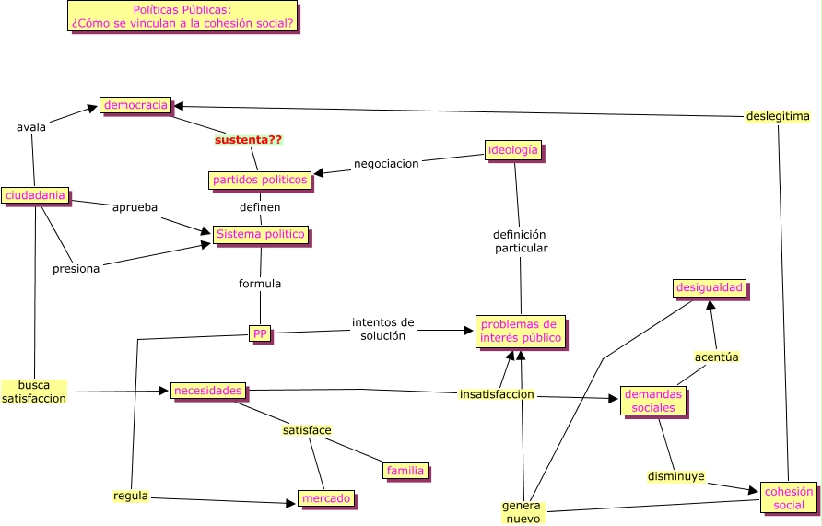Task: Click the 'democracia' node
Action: pos(135,105)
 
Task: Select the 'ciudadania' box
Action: pos(35,195)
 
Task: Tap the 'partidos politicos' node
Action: pos(260,181)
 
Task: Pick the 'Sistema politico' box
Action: pos(260,235)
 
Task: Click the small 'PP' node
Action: pos(261,333)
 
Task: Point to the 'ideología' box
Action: pos(512,150)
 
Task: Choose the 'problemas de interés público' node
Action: pos(520,332)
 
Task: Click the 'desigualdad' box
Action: pos(709,288)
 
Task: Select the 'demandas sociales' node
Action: pos(653,401)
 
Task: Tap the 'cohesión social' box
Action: pos(789,497)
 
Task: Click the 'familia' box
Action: pos(405,471)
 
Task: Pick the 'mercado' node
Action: pos(326,499)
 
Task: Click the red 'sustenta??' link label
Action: pos(248,140)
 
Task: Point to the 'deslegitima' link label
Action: pos(778,116)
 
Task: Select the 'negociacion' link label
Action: pos(386,163)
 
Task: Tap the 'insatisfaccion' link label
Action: pos(497,394)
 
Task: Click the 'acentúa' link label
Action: pos(716,357)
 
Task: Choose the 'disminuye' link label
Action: pos(675,477)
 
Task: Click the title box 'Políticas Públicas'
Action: pos(182,17)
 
